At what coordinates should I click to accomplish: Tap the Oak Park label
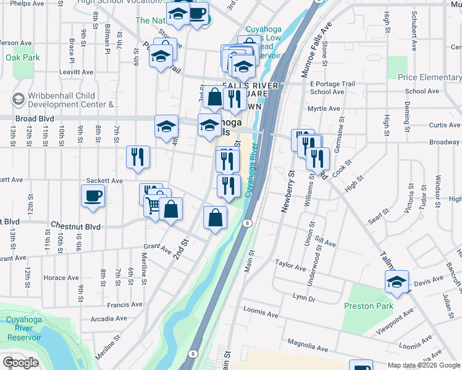[23, 58]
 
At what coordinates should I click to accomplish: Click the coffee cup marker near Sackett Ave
[93, 196]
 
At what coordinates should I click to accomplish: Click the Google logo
[20, 363]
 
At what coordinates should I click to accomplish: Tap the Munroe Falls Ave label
[316, 49]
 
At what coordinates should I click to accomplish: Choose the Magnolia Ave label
[306, 343]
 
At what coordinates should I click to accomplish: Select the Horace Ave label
[61, 278]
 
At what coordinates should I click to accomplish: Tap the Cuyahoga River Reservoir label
[23, 329]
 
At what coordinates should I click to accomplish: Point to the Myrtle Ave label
[324, 109]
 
